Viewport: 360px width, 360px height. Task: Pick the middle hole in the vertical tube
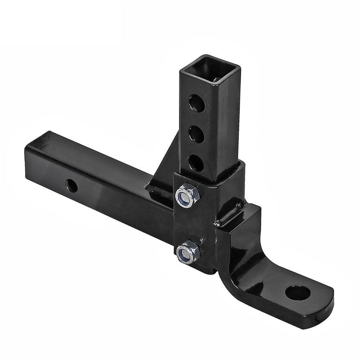pyautogui.click(x=197, y=133)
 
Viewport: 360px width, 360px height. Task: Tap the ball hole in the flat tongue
pyautogui.click(x=297, y=292)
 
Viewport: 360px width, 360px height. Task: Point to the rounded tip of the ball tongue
pyautogui.click(x=324, y=310)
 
